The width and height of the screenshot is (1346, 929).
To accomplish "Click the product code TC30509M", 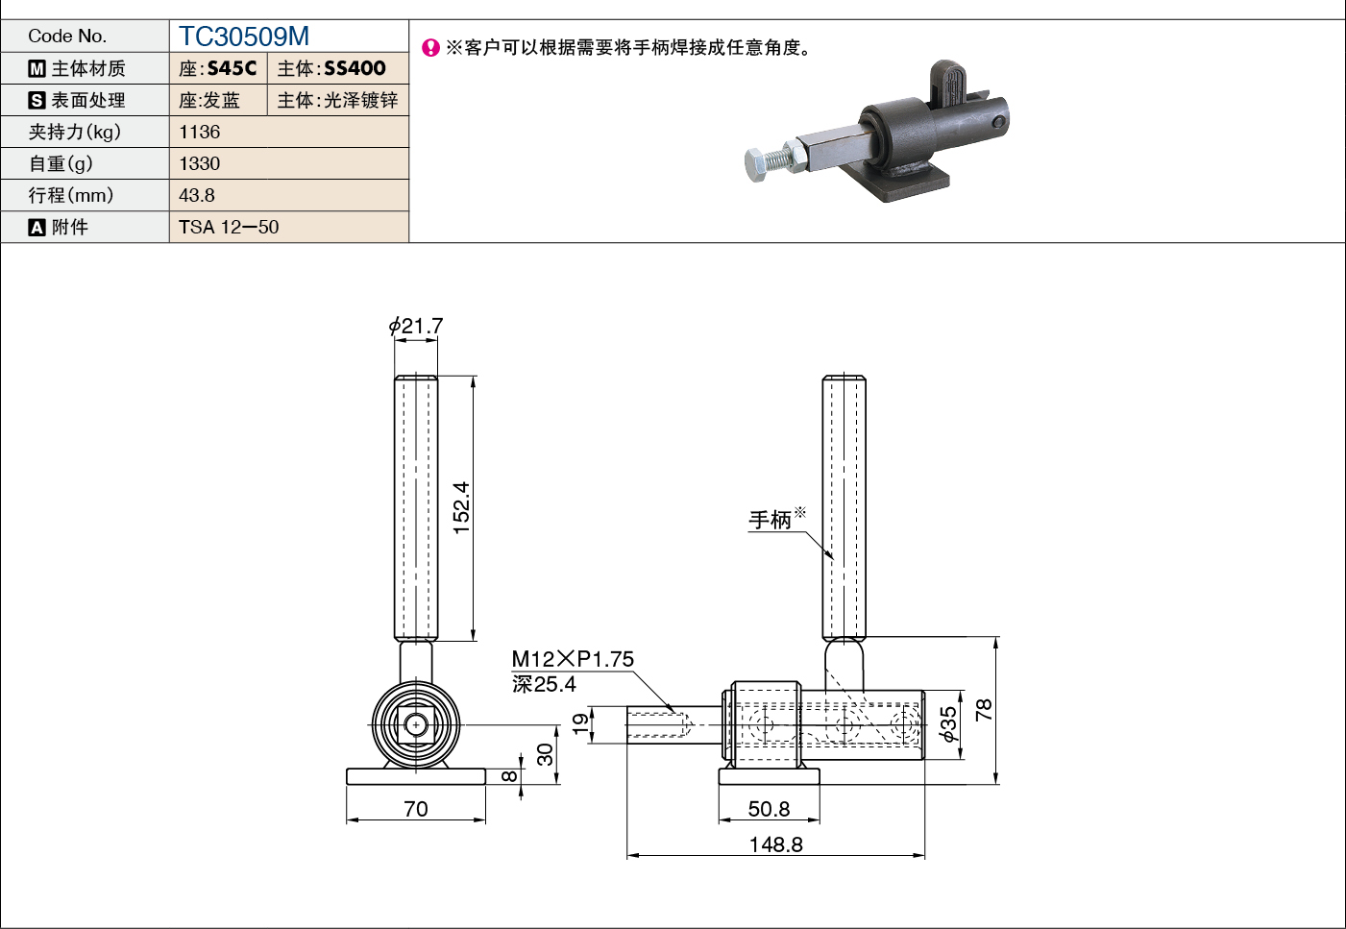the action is click(x=244, y=37).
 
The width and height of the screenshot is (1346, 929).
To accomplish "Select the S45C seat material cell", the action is click(x=218, y=68).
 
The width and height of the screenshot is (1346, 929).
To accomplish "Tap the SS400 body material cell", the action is click(x=338, y=68).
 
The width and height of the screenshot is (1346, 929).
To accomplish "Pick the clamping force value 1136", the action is click(x=200, y=132).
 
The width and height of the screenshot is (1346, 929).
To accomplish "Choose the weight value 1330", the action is click(x=200, y=163).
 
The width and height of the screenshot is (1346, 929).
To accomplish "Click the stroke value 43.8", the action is click(x=197, y=195).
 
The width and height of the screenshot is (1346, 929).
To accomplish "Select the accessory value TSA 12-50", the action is click(x=229, y=227).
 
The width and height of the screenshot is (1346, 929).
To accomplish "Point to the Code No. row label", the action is click(x=67, y=37).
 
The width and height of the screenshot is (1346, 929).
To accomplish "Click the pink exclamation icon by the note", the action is click(x=430, y=47).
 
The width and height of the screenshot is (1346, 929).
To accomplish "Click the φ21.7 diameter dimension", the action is click(x=415, y=327).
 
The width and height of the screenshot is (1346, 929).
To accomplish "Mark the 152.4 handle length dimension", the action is click(x=461, y=508).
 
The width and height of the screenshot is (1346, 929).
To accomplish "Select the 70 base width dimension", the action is click(x=416, y=809).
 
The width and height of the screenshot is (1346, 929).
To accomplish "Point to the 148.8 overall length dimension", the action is click(x=775, y=844).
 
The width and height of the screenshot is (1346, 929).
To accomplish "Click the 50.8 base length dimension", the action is click(x=770, y=809).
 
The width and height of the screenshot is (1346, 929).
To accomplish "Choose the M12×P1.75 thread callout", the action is click(x=573, y=659).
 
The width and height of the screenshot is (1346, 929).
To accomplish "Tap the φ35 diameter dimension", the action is click(x=949, y=724).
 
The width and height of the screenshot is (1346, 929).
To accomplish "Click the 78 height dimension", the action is click(x=984, y=710).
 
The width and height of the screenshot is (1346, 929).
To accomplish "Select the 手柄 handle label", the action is click(x=770, y=520).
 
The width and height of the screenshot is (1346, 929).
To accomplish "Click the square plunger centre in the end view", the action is click(x=416, y=725).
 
